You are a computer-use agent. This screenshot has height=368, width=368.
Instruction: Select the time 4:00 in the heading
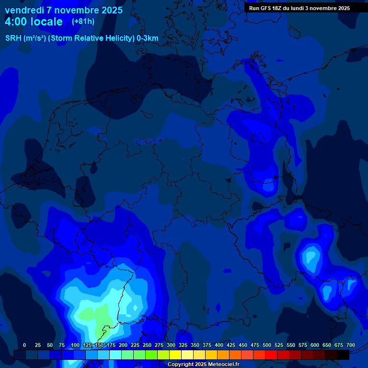click(x=17, y=22)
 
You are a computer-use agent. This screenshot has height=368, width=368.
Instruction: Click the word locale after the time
click(x=47, y=22)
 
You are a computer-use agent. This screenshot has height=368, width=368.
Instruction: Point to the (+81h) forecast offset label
click(x=83, y=22)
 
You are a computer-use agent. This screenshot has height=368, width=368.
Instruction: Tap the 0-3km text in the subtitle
click(x=148, y=38)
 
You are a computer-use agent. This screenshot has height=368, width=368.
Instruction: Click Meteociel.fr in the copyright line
click(x=224, y=365)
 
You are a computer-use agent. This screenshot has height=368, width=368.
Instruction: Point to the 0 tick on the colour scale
click(x=24, y=345)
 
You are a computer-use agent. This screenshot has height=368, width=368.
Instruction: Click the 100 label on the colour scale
click(x=75, y=345)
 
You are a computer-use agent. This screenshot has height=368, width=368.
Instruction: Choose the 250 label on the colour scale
click(x=147, y=345)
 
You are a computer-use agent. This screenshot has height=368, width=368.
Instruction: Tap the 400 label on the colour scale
click(x=218, y=345)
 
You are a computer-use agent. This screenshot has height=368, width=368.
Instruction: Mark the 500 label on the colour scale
click(x=266, y=345)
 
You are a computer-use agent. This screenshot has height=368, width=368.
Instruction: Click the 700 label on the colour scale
click(x=350, y=345)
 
